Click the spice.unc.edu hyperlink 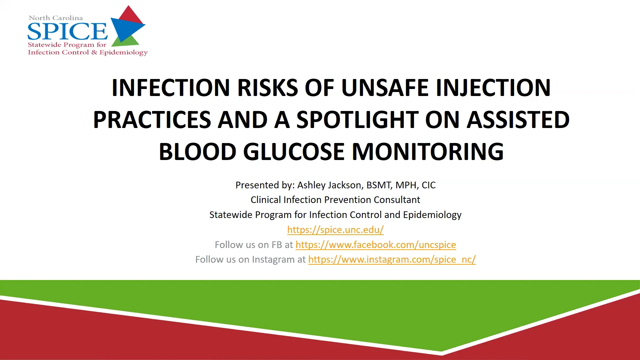[335, 230]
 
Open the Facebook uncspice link [376, 245]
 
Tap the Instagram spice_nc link [392, 259]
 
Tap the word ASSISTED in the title [518, 120]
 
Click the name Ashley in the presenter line [311, 185]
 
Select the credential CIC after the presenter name [429, 185]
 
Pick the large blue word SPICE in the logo [67, 31]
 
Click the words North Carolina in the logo [56, 18]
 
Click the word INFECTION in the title [171, 88]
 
